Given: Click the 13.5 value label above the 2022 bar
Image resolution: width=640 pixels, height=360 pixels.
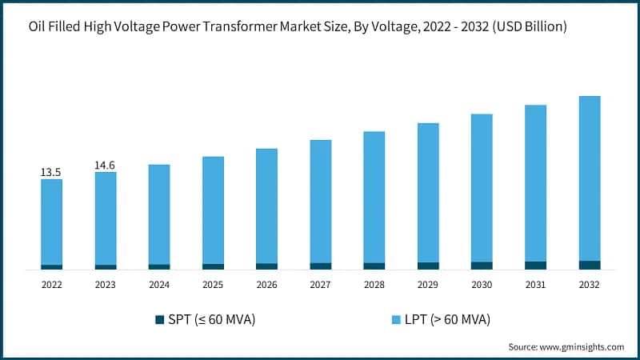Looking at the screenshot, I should (51, 172).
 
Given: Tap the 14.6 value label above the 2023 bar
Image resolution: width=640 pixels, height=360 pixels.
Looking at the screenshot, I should (105, 165).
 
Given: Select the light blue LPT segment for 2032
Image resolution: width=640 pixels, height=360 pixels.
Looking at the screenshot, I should (589, 178).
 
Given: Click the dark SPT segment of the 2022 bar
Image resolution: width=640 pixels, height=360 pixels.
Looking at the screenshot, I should (51, 266).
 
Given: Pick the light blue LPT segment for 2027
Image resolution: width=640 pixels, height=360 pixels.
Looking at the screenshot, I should (320, 201).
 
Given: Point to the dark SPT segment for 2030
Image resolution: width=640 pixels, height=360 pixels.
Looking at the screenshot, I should (482, 265).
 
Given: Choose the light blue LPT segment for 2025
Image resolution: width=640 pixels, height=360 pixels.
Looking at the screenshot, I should (213, 210).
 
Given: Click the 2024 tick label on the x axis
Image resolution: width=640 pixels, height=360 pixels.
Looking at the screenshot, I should (158, 284).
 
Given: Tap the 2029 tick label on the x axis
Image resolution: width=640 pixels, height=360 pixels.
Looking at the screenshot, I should (428, 284).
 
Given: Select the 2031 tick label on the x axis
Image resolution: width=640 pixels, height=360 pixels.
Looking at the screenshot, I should (535, 284).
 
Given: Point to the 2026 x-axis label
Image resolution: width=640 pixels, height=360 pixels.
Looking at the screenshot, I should (266, 284).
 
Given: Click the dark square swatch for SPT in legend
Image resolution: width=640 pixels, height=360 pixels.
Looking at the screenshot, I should (158, 320).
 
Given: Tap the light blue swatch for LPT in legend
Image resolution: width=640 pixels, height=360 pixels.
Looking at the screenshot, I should (395, 320).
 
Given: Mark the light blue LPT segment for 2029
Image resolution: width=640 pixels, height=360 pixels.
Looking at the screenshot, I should (428, 192).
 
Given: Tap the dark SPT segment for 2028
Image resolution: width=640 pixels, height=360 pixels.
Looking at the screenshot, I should (374, 266).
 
